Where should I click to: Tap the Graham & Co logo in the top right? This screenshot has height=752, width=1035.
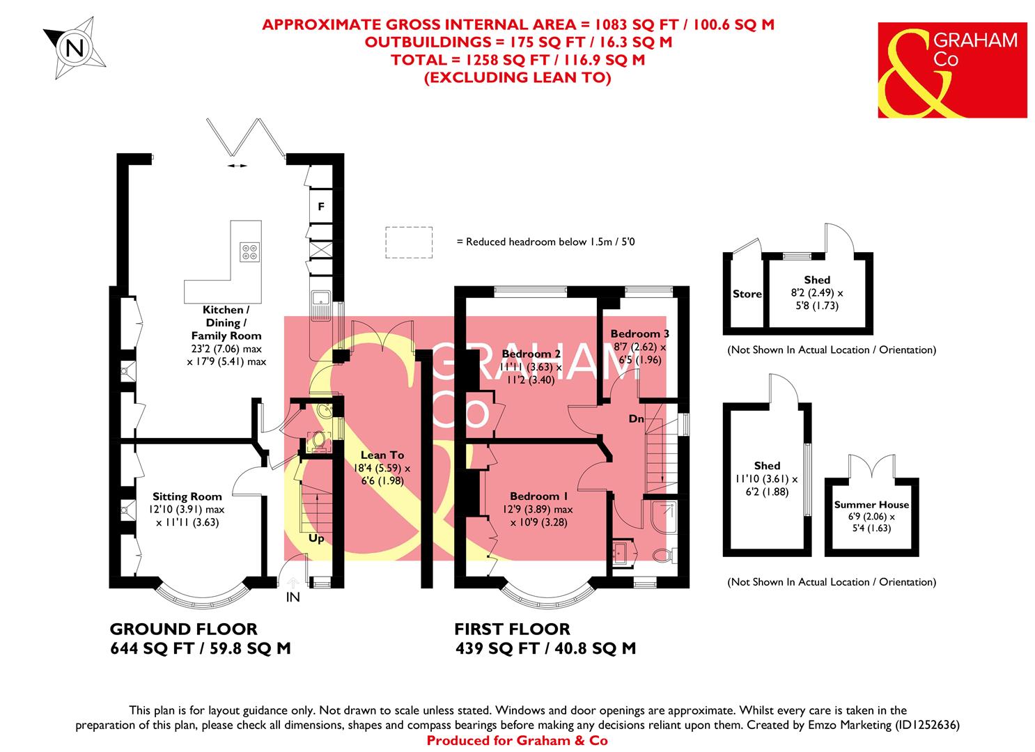(952, 70)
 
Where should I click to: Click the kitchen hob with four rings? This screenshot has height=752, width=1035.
(250, 251)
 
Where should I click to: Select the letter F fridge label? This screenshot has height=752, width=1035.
(321, 207)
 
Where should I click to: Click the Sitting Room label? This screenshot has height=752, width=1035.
(187, 496)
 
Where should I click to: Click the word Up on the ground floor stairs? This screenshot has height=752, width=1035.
(316, 538)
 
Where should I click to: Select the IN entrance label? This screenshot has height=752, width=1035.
(293, 597)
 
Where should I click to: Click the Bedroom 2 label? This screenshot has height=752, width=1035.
(531, 354)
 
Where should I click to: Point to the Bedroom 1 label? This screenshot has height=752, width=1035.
(538, 496)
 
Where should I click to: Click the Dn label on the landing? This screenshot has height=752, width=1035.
(636, 419)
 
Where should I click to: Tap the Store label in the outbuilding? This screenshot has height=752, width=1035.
(747, 294)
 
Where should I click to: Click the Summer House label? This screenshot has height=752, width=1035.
(871, 505)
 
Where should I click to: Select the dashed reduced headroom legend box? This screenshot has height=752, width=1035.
(410, 242)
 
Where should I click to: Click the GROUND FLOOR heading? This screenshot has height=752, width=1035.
(184, 629)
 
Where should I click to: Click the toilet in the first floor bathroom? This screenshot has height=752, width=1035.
(663, 556)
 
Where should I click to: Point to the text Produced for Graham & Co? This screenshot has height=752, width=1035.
(517, 741)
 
